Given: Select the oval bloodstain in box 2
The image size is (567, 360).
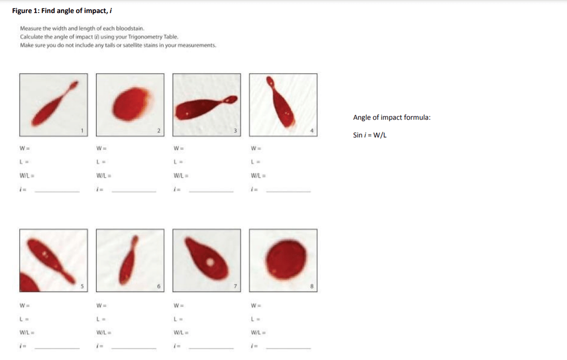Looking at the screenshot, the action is [132, 104].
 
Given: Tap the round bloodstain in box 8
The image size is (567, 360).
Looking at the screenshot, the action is [286, 260].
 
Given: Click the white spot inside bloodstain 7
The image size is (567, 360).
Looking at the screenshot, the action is [210, 262].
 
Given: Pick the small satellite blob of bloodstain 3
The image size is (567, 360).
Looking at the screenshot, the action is [230, 100].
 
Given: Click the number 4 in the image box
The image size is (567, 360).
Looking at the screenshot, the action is [312, 130].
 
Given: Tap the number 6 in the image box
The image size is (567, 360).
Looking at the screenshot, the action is [159, 286].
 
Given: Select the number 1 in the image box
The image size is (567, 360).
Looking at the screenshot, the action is [82, 130].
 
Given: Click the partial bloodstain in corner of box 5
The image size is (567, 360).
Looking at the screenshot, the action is [28, 283].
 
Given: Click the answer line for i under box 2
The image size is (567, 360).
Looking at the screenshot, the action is [134, 192].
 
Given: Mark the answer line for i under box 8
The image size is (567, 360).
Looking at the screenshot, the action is [288, 349].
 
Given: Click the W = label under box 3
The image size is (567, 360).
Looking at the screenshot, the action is [179, 149].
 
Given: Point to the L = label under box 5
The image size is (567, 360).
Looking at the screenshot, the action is [24, 319].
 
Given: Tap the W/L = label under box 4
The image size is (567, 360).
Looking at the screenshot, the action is [258, 176].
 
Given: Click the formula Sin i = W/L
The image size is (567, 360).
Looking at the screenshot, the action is [370, 135].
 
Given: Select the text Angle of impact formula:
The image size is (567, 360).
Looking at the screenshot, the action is [392, 117].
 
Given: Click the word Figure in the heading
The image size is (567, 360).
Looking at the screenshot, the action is [22, 11].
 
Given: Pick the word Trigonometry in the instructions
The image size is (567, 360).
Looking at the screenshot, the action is [145, 37].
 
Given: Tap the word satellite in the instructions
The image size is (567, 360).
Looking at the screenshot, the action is [135, 45].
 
